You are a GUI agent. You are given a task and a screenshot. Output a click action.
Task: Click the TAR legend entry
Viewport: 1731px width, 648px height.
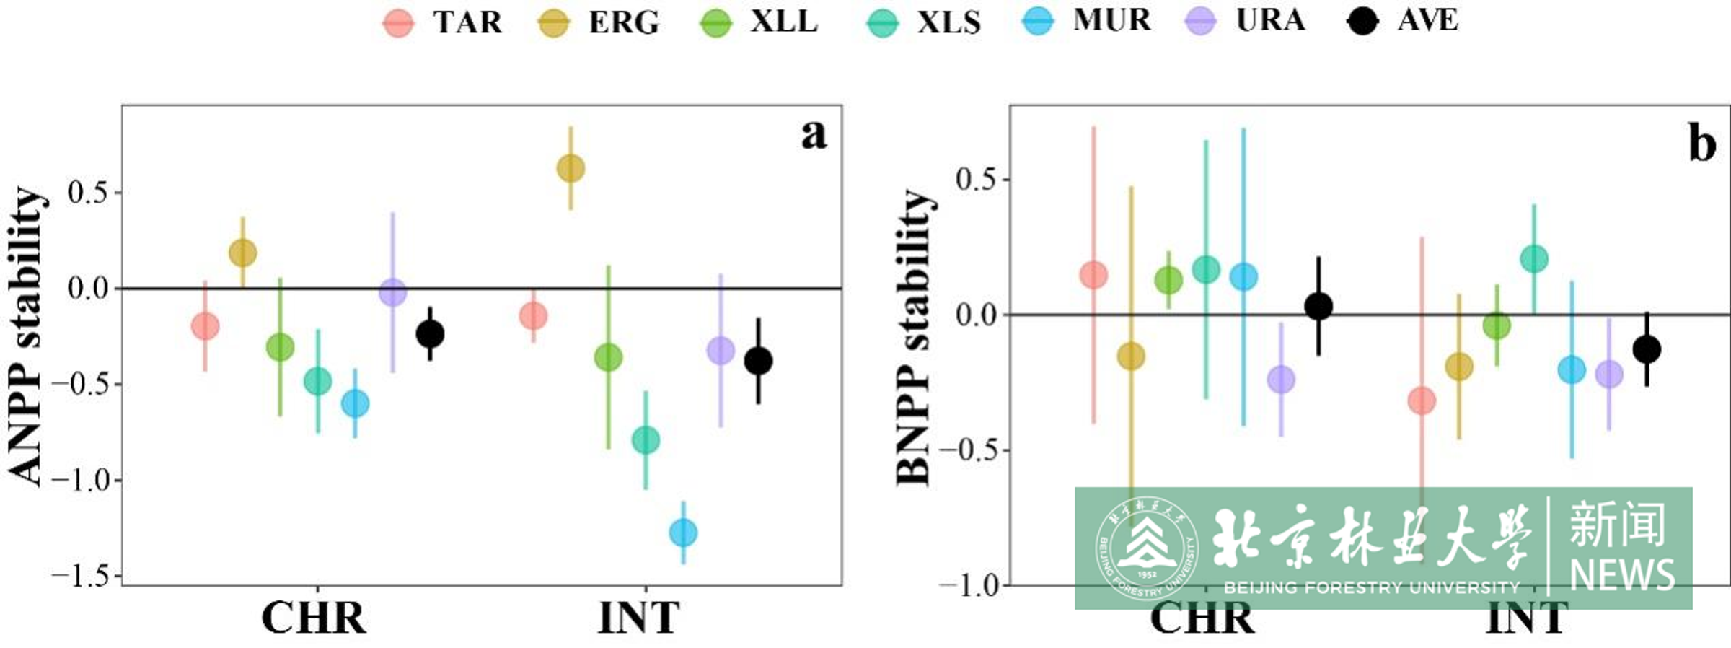[441, 22]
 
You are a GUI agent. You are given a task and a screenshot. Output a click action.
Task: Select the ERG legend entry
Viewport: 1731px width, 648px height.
[599, 22]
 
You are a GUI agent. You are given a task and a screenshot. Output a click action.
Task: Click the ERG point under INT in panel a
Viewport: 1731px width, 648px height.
[571, 169]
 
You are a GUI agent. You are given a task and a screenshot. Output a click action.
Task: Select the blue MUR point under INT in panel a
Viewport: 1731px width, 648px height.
[683, 533]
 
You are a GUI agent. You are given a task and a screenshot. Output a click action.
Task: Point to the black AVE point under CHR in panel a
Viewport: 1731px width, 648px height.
[430, 333]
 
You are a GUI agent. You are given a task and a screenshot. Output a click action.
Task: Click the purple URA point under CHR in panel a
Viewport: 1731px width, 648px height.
[392, 293]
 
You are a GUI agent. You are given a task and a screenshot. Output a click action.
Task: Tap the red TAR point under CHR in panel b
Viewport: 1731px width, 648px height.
[1093, 275]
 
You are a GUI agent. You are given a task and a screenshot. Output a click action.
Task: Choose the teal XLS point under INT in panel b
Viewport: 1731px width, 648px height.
[1534, 258]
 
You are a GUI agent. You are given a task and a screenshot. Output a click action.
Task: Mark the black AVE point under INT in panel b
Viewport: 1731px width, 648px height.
[1647, 350]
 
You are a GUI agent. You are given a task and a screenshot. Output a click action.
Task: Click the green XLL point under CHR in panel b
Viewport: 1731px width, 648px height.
[1168, 280]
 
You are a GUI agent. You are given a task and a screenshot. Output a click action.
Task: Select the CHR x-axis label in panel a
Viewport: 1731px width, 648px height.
[314, 618]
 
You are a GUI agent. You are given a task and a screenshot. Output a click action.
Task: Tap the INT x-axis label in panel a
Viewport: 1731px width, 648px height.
[639, 618]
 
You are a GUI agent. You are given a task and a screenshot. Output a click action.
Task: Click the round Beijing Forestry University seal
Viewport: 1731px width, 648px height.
[1146, 548]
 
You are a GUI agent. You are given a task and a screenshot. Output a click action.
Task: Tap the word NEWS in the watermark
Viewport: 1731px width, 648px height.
[1622, 575]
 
